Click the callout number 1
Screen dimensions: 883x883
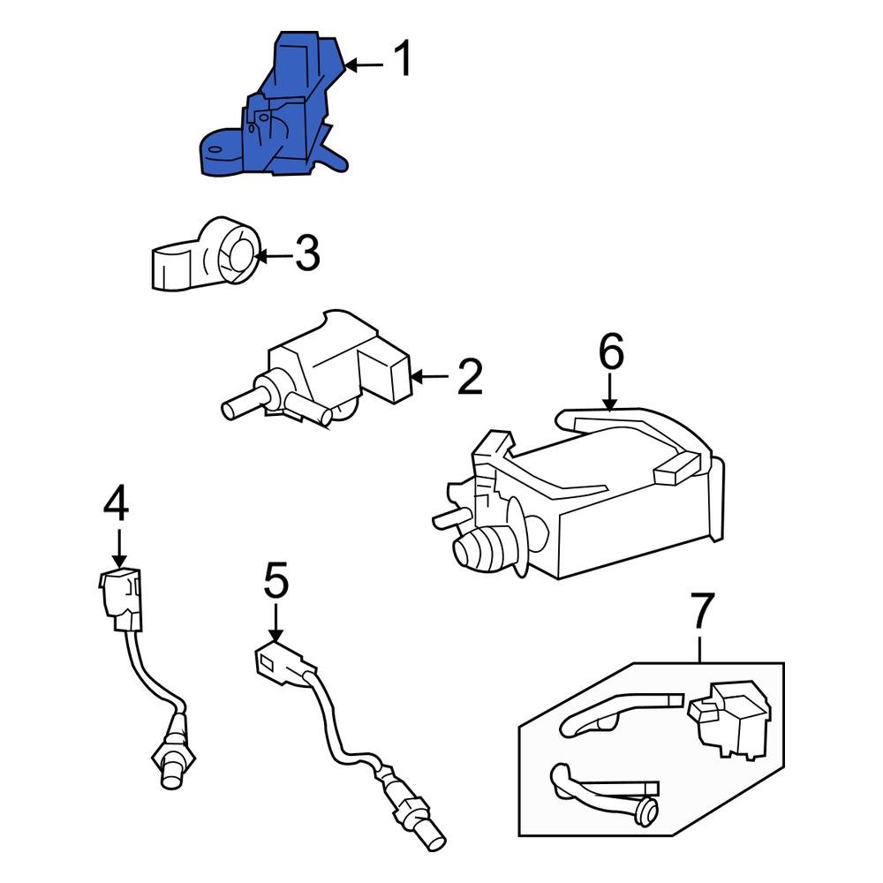point(402,60)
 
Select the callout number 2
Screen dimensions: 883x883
point(469,377)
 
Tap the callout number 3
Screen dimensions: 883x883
point(306,253)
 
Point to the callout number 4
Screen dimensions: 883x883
point(116,504)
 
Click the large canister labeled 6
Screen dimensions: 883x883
point(600,503)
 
